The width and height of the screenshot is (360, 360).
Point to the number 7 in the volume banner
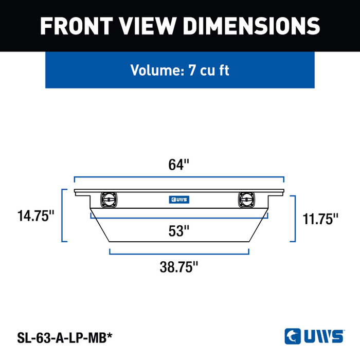(x=192, y=70)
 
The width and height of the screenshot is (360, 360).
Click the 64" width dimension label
(x=178, y=165)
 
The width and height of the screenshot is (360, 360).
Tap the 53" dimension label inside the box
(x=178, y=231)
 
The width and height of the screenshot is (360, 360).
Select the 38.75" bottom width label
(x=178, y=267)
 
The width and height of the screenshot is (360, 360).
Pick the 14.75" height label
(x=36, y=216)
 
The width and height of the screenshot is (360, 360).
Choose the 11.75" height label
(x=320, y=219)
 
